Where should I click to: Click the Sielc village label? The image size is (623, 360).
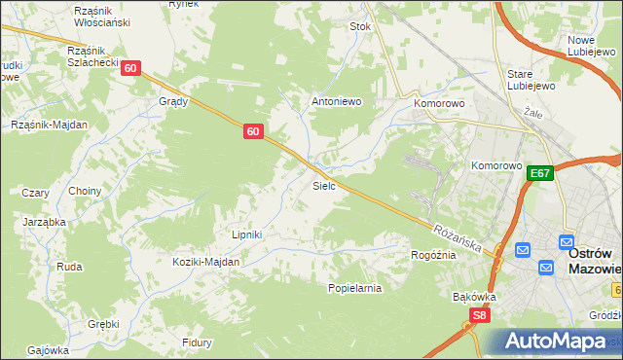[x=324, y=185]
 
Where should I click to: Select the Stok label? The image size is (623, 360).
[x=360, y=27]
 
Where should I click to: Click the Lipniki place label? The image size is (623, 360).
[x=247, y=234]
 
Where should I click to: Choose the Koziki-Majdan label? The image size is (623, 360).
[x=205, y=262]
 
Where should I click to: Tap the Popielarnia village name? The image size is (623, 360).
[x=354, y=288]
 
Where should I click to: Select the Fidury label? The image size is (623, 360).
[x=197, y=342]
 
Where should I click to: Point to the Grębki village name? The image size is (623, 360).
[x=102, y=323]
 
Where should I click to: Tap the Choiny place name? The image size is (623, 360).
[x=85, y=191]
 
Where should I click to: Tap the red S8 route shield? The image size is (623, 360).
[x=478, y=315]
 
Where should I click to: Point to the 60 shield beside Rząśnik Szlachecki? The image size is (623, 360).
[x=131, y=68]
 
